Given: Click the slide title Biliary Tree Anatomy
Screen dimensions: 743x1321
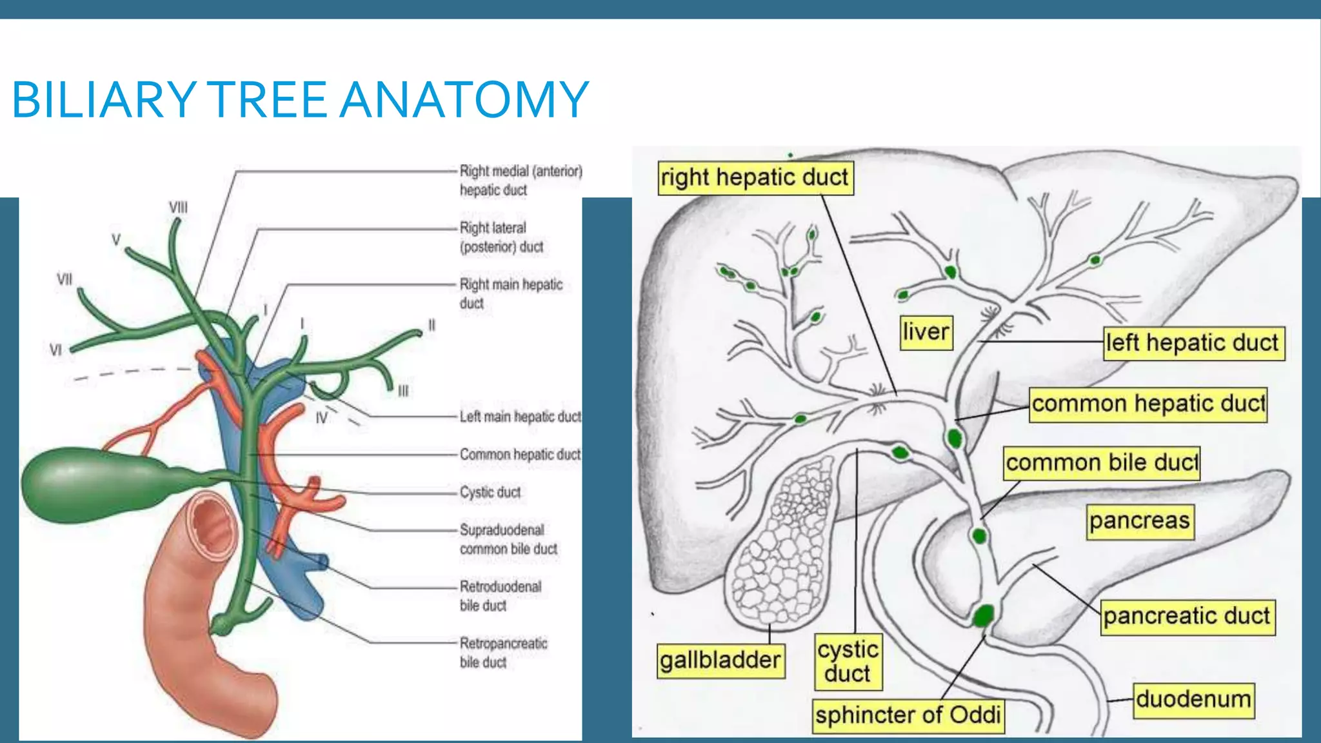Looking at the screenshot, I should [x=300, y=100].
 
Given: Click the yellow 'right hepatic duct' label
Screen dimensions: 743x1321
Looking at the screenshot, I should [x=755, y=177].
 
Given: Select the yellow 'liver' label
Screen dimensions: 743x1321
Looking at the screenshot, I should [x=926, y=332].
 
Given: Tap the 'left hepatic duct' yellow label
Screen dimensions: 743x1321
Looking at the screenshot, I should [x=1192, y=342].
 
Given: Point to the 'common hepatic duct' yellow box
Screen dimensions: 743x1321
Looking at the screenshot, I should [x=1147, y=404].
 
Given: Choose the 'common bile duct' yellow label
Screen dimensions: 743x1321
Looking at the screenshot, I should [x=1101, y=462].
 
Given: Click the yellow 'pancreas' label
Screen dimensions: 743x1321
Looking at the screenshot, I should [x=1139, y=521].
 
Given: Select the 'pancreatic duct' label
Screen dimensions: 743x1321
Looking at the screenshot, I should [x=1187, y=616].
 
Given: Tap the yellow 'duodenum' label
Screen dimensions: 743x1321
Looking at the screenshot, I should [x=1193, y=700].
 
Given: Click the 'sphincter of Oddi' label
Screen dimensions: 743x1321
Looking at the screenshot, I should [x=908, y=715].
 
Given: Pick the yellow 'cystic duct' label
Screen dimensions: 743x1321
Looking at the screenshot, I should [x=848, y=661].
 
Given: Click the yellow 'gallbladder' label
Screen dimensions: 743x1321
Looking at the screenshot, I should [x=720, y=660].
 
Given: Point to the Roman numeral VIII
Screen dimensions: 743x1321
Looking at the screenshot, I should [x=178, y=208].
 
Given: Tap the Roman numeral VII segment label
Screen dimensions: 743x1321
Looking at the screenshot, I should [x=65, y=280].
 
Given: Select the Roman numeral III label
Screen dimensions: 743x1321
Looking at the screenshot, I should [x=403, y=391].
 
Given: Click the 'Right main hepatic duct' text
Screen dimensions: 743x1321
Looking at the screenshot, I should [x=510, y=293].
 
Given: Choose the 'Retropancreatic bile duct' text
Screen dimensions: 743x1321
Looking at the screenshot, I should [x=502, y=652].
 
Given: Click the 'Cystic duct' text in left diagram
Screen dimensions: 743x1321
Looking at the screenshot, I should [x=490, y=492].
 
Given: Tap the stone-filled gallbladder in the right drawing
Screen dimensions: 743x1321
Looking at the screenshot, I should [x=784, y=542].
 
